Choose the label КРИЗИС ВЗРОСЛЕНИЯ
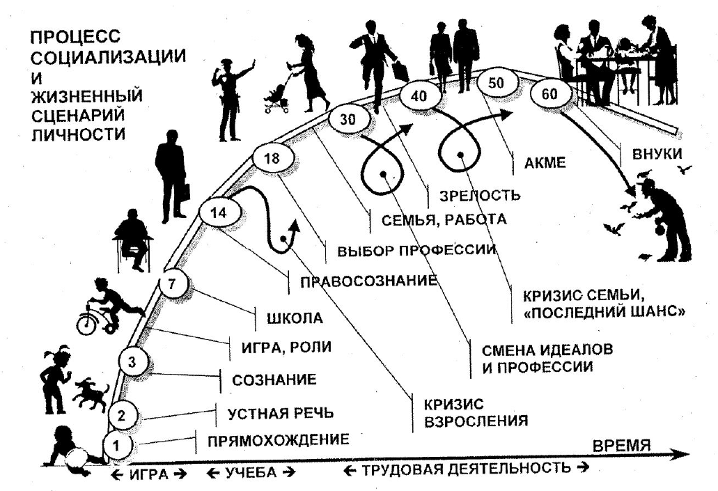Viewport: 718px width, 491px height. point(468,412)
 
